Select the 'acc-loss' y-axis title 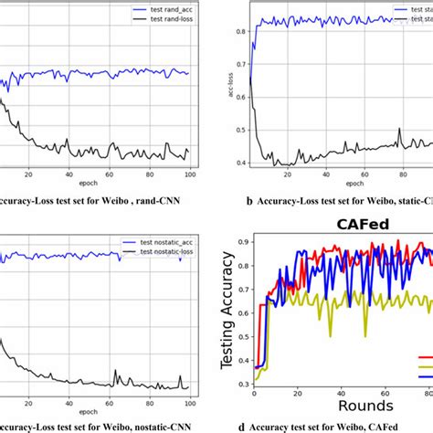pos(230,98)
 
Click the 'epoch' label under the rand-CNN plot pos(95,184)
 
